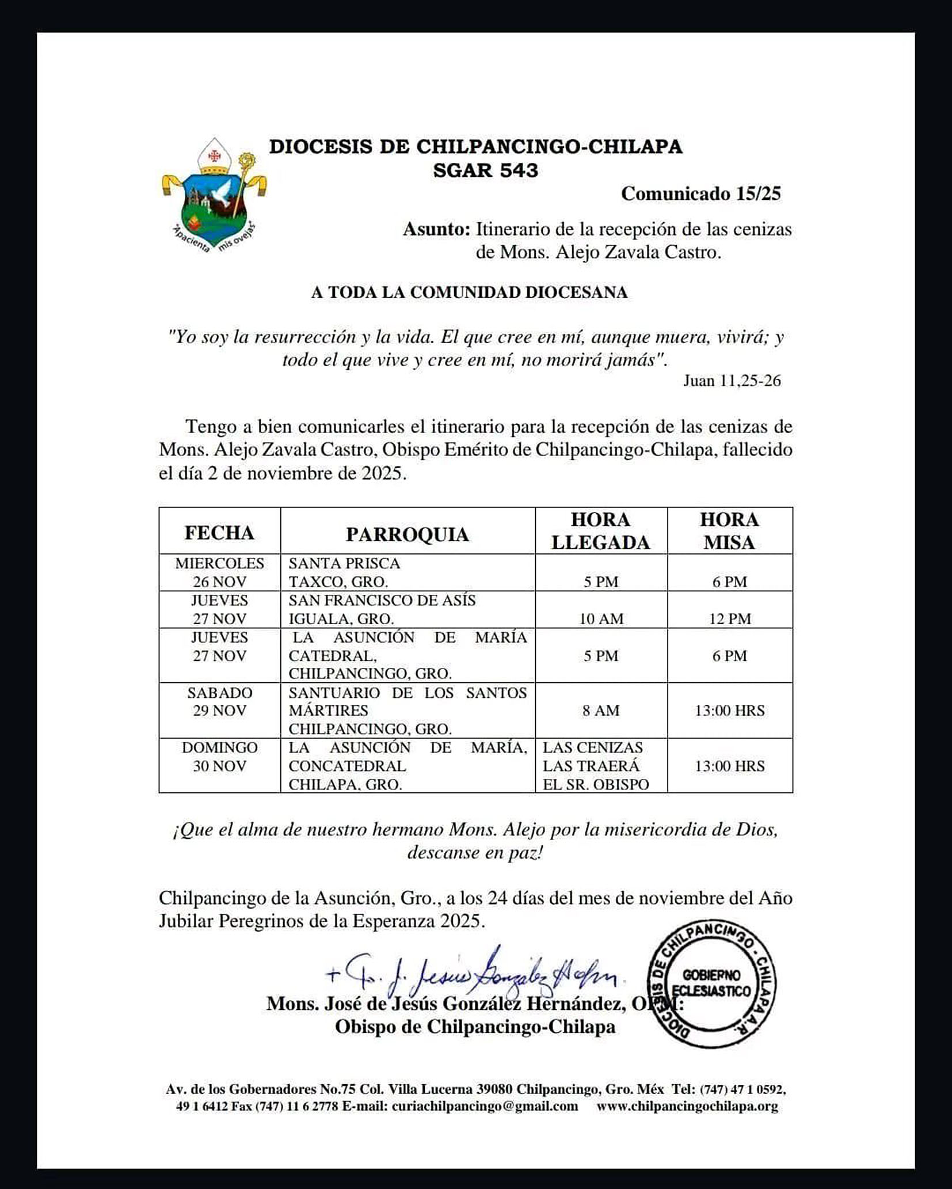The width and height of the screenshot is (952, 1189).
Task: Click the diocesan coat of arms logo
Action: [214, 196]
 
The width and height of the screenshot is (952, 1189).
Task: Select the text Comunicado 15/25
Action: [700, 193]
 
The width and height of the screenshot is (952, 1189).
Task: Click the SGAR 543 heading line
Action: [485, 170]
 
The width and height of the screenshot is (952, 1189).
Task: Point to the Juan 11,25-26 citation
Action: [732, 381]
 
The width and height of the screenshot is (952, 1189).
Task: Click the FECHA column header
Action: [219, 533]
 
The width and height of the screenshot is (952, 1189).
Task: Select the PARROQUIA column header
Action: [407, 534]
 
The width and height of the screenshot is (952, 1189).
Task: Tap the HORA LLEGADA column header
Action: [600, 531]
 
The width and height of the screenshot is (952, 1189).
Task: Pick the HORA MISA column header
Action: [729, 531]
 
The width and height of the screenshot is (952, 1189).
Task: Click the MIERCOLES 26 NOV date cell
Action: [219, 572]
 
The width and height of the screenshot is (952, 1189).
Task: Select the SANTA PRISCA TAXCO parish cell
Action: [407, 572]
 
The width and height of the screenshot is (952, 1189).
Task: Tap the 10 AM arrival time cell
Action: [601, 618]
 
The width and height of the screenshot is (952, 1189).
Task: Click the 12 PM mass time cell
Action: [729, 618]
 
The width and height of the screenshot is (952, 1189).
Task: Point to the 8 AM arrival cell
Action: [601, 711]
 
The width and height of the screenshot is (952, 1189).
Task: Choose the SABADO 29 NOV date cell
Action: [219, 701]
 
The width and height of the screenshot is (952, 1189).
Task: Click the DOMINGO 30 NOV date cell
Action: [219, 757]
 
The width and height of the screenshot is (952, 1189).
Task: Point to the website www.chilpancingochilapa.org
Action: [687, 1106]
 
